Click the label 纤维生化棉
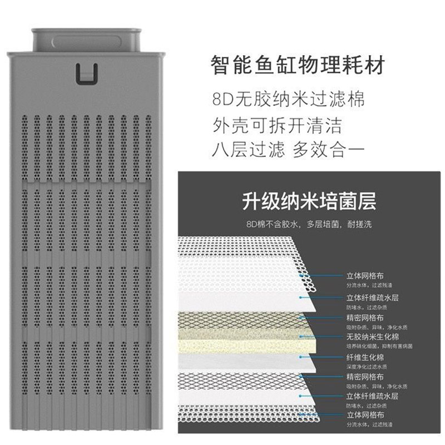(364, 357)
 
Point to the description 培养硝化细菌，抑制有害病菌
(378, 345)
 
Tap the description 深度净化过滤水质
(365, 365)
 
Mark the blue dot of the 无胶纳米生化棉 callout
(301, 336)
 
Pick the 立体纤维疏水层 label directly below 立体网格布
(368, 297)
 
